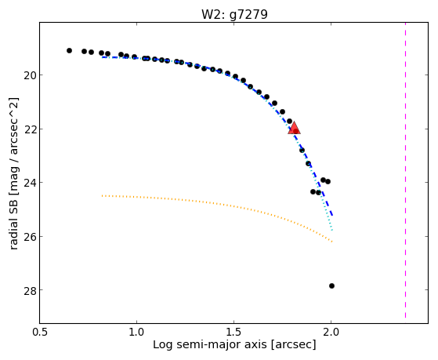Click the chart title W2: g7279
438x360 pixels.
point(234,15)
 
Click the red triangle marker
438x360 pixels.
point(294,128)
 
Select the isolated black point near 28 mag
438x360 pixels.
point(331,285)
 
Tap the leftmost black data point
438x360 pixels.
point(69,51)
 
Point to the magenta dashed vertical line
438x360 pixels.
point(405,170)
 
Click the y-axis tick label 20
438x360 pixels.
point(30,75)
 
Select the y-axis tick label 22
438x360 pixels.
point(30,129)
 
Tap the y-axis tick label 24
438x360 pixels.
point(30,184)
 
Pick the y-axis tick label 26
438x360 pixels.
point(30,237)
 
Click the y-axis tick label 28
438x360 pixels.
point(30,291)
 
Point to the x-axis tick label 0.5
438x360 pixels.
point(40,332)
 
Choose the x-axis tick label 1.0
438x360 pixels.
point(137,332)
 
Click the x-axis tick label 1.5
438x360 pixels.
point(234,332)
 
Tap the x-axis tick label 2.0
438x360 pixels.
point(331,332)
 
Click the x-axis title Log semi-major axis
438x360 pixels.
point(210,345)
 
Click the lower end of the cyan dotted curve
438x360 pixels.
point(332,231)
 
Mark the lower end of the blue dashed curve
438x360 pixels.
point(332,216)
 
